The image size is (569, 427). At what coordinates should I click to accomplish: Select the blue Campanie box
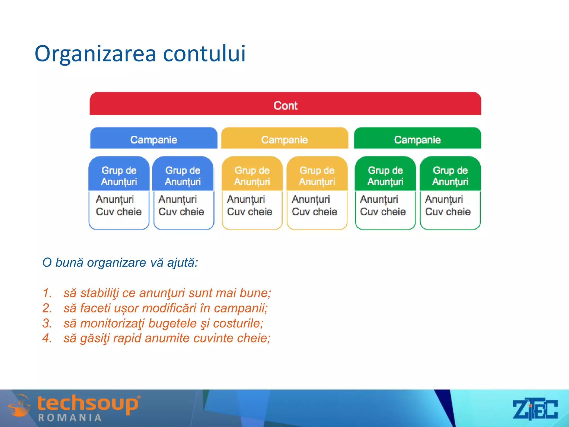point(154,139)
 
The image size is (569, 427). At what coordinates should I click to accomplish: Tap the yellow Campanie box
point(284,139)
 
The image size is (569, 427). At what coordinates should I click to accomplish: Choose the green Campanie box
point(417,139)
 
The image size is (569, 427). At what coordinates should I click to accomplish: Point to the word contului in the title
point(204,53)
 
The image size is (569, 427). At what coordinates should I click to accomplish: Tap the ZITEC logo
point(535,409)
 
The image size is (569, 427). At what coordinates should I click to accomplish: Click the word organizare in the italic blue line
point(116,262)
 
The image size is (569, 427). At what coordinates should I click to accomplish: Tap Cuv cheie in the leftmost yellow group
point(249,212)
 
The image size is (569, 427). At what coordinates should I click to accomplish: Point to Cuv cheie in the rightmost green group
point(448,212)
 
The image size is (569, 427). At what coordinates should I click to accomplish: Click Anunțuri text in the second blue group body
point(178,199)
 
